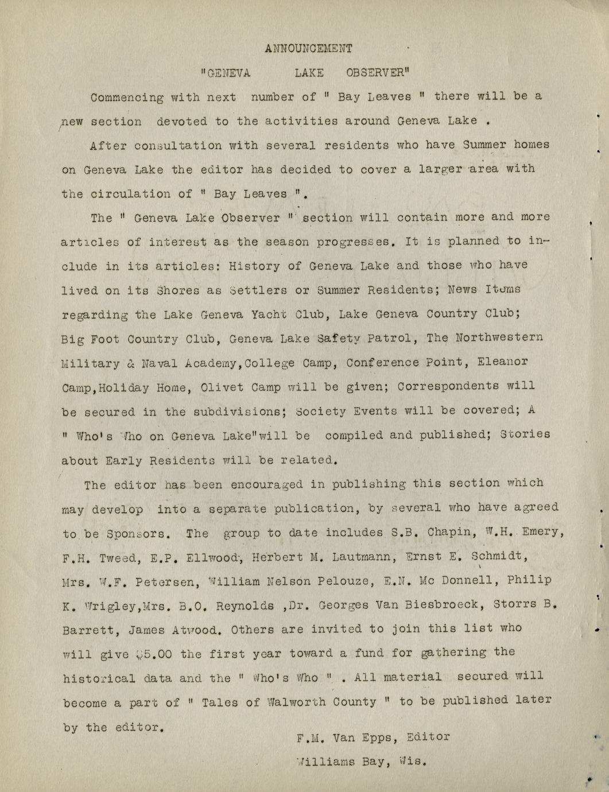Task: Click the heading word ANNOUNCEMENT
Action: tap(309, 49)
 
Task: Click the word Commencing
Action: tap(127, 98)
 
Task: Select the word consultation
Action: tap(178, 146)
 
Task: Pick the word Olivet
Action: tap(220, 387)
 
